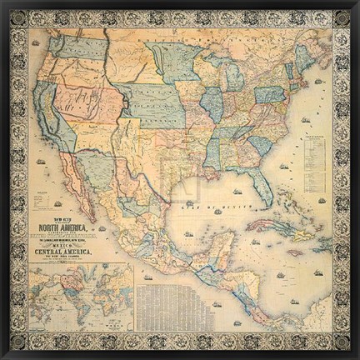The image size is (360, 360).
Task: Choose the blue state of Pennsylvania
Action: click(x=268, y=94)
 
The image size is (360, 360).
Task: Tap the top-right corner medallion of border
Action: click(x=341, y=17)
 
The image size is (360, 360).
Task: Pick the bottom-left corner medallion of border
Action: click(x=17, y=341)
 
